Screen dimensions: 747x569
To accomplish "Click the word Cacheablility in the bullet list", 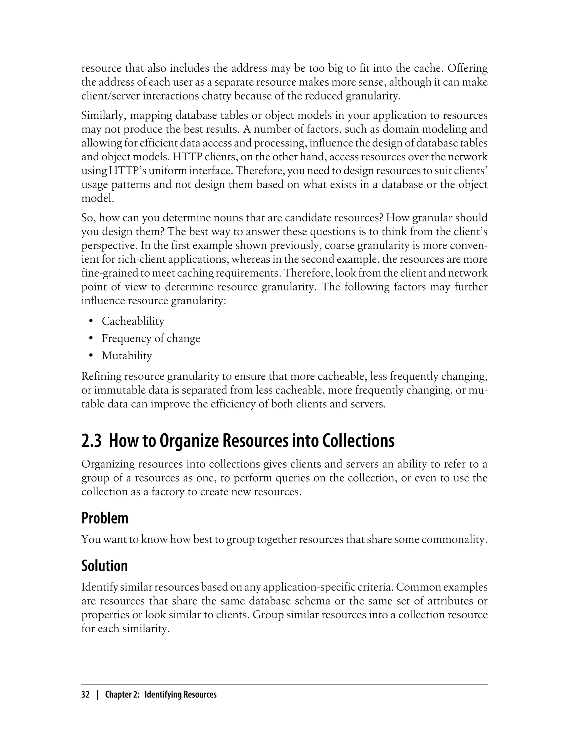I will click(x=133, y=321).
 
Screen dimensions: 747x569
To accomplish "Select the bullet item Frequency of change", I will click(x=151, y=338).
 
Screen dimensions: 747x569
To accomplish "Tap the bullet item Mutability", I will click(x=127, y=356).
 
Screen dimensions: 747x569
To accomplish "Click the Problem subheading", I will click(x=105, y=518).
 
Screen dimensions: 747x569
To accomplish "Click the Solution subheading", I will click(x=104, y=566).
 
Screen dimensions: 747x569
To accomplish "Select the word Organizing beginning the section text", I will click(x=108, y=464).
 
